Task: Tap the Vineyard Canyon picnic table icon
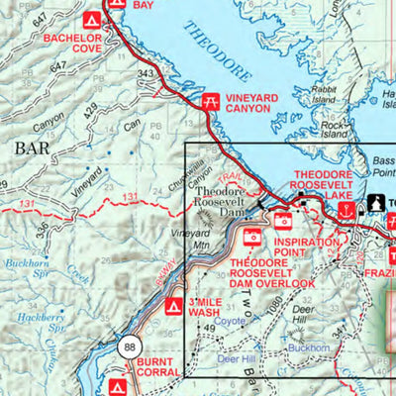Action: click(210, 100)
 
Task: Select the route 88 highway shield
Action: click(130, 347)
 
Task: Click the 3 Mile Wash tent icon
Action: click(171, 306)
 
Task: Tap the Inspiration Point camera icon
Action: click(284, 221)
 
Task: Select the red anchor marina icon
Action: click(345, 211)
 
